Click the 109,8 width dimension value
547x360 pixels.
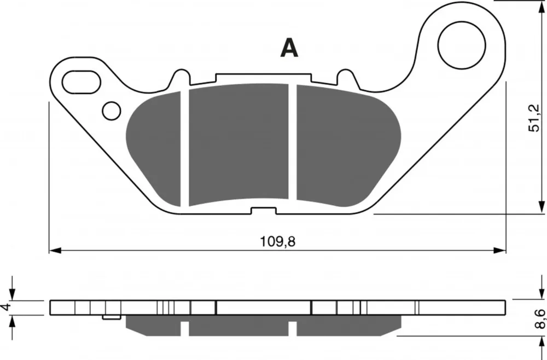tap(278, 241)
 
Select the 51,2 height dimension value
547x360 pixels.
tap(534, 118)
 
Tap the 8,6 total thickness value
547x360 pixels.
tap(540, 319)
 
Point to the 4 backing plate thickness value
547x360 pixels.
tap(6, 307)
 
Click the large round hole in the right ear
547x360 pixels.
tap(462, 45)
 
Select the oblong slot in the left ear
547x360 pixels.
tap(82, 82)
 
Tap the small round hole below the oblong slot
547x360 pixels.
tap(111, 111)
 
